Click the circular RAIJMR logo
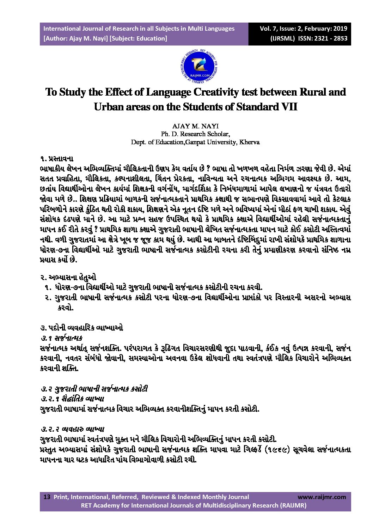tap(199, 67)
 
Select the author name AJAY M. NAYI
tap(195, 126)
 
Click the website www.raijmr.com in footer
tap(322, 497)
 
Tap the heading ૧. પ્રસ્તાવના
tap(56, 159)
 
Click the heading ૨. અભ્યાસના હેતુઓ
tap(68, 277)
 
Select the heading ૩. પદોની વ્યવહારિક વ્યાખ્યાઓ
tap(81, 328)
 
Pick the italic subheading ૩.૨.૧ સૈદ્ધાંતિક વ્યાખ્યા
tap(72, 399)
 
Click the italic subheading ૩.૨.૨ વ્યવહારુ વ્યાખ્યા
tap(72, 429)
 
